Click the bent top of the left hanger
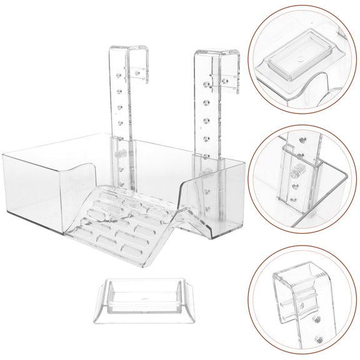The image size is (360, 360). tap(124, 50)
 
